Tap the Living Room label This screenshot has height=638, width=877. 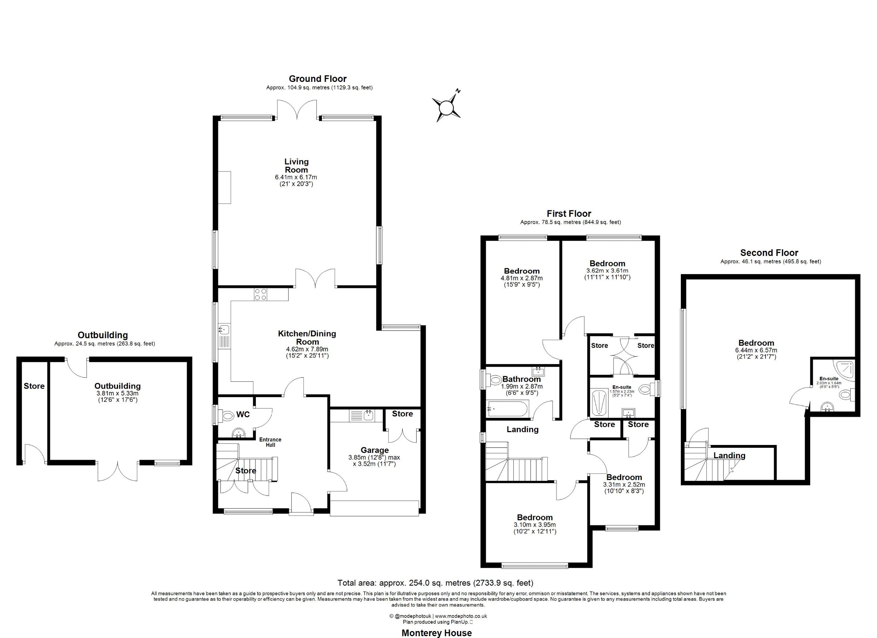296,166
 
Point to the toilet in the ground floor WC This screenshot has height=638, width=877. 227,416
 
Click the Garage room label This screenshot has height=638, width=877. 374,450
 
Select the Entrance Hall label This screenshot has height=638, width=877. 270,442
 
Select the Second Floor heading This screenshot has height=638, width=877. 769,253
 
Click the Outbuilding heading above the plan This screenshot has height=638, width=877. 103,335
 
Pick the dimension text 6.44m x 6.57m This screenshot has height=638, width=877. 756,350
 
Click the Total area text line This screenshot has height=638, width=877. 436,583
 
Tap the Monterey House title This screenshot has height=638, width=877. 437,633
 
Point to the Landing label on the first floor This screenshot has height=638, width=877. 523,429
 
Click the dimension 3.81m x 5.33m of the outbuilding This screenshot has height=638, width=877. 118,393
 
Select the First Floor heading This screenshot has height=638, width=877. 569,213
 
